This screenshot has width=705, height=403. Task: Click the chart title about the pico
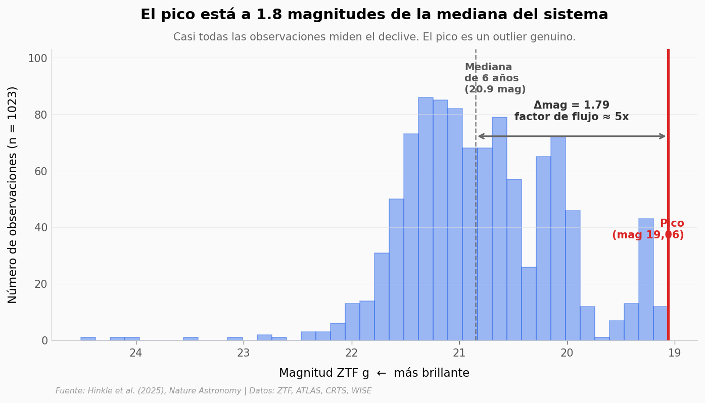coord(374,15)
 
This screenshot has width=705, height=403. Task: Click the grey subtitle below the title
coord(374,37)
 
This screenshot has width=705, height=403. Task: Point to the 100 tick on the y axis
coord(37,58)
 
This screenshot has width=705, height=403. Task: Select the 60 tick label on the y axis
coord(37,171)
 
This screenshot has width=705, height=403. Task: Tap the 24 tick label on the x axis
coord(135,353)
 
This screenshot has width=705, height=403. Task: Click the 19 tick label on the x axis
coord(674,353)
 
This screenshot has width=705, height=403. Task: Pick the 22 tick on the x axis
coord(351,353)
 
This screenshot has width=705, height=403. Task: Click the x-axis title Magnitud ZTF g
coord(374,373)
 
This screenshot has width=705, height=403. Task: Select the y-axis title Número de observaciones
coord(13,194)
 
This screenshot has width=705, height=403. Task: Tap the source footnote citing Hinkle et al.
coord(213,391)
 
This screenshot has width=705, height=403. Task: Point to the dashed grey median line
coord(476,202)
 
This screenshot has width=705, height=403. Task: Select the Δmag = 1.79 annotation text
coord(571,106)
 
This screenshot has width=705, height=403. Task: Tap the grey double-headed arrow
coord(571,136)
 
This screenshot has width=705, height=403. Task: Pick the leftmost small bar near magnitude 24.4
coord(88,339)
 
